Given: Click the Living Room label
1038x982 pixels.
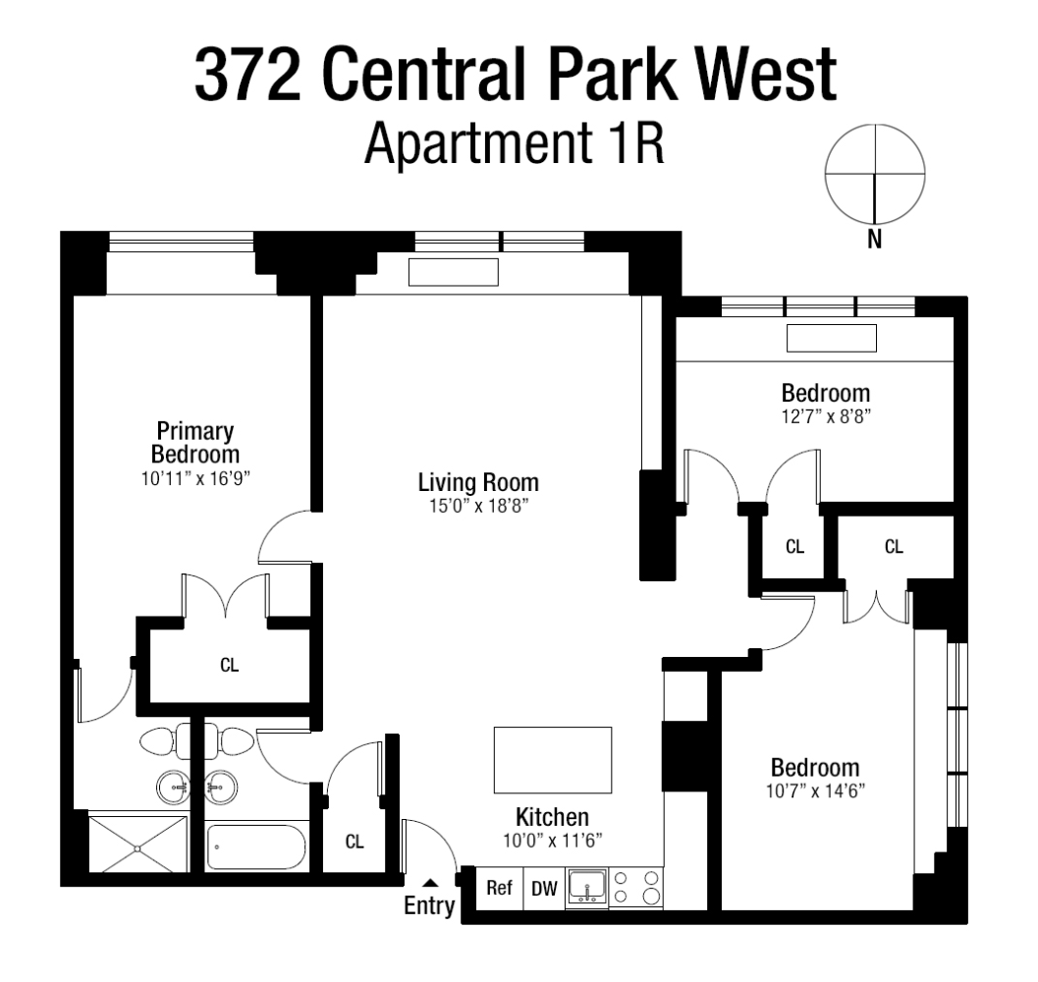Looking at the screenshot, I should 478,482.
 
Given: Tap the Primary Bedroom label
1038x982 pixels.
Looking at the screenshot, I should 194,443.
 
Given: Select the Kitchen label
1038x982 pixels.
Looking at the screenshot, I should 552,817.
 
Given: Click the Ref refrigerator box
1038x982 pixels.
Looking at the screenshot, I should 500,889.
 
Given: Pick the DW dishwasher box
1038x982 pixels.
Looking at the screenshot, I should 544,889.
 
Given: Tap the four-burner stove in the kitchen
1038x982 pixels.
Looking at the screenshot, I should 636,888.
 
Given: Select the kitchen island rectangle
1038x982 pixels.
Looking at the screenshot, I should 552,760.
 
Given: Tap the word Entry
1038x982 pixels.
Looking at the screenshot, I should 430,905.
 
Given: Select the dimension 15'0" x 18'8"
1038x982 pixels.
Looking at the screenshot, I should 478,508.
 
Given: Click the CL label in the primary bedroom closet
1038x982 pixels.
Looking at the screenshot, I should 229,665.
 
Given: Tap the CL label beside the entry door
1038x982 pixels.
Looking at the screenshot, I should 355,842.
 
